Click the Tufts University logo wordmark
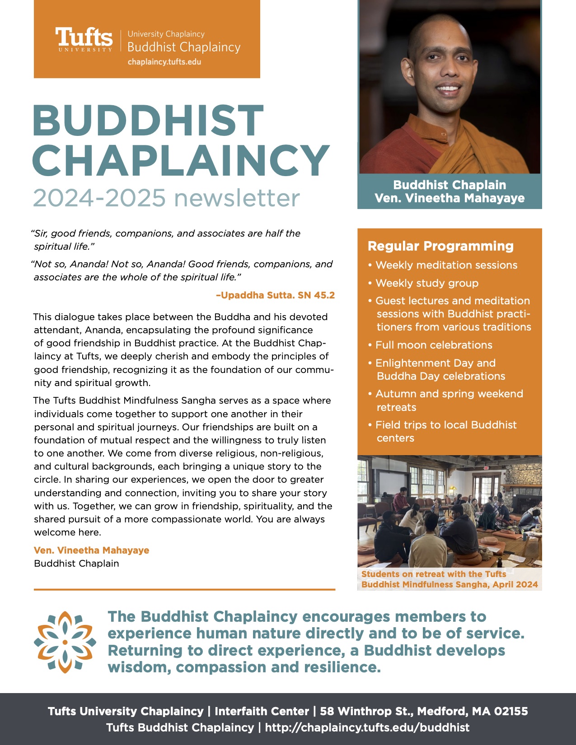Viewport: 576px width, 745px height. click(84, 40)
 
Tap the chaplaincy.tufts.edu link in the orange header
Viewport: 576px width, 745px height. click(164, 62)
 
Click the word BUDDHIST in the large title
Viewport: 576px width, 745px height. click(148, 121)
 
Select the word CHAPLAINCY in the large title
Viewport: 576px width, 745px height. click(181, 161)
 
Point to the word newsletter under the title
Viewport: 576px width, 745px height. click(237, 198)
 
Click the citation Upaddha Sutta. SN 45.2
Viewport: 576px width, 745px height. click(276, 296)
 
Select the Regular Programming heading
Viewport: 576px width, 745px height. click(440, 246)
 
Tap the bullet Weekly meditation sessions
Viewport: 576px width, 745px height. click(446, 265)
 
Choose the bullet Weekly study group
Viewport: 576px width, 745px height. click(426, 283)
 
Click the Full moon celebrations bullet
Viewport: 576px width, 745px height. click(433, 345)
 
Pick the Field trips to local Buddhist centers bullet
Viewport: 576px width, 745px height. click(445, 431)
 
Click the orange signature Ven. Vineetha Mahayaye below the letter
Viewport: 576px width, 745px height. click(91, 550)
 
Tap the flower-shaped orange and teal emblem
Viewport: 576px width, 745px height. click(65, 642)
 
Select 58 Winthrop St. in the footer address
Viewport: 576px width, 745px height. click(366, 711)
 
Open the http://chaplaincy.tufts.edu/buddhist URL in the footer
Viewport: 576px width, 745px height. click(367, 727)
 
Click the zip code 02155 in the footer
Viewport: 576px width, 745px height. click(510, 711)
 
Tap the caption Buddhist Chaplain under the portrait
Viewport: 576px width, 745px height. click(449, 185)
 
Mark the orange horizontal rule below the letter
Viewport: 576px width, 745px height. click(184, 589)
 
